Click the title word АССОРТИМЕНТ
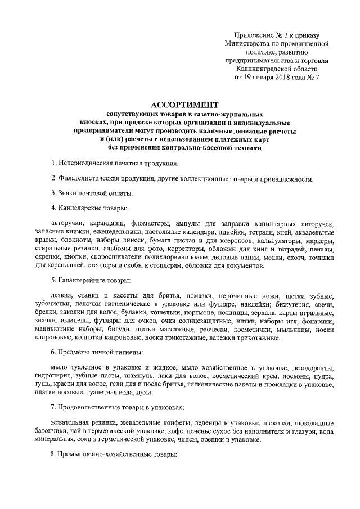pyautogui.click(x=184, y=105)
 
